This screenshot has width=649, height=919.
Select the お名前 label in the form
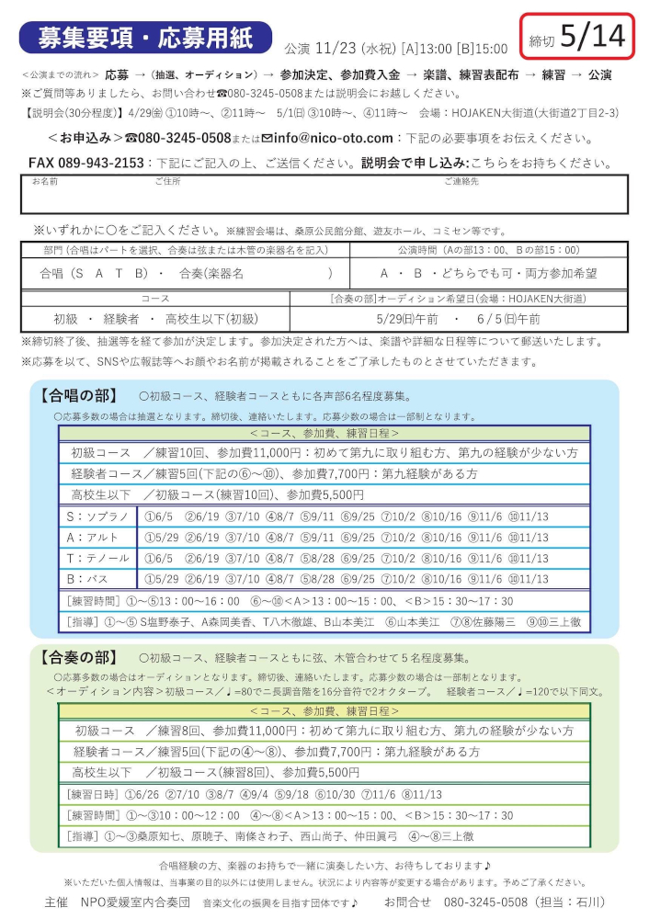(45, 182)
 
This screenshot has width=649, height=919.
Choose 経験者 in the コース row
(120, 318)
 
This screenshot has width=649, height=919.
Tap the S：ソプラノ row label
(97, 516)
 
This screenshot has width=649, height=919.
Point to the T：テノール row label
(97, 558)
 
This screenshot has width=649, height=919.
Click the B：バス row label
(90, 579)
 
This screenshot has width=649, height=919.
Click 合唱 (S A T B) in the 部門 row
(95, 274)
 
